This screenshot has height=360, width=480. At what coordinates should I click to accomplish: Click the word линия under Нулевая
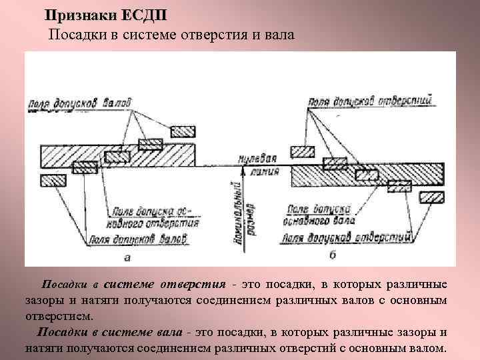point(259,171)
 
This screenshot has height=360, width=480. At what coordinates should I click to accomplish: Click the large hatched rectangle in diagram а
point(118,155)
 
